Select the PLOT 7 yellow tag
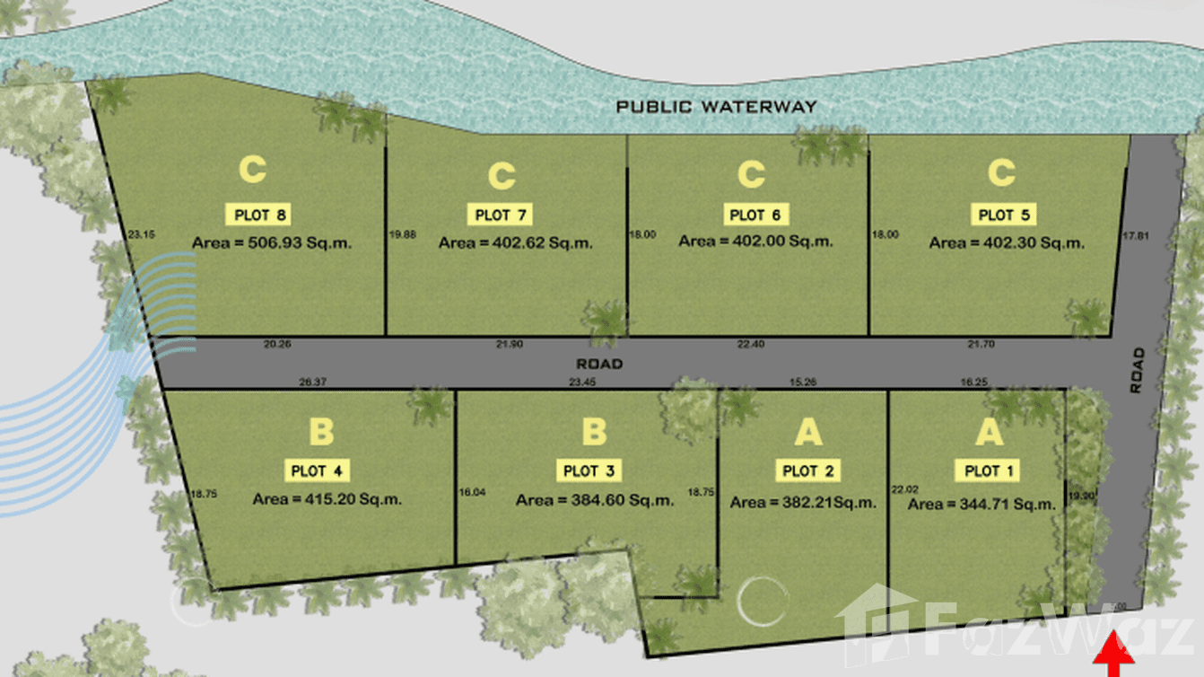pyautogui.click(x=501, y=215)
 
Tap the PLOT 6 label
pyautogui.click(x=755, y=215)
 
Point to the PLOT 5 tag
pyautogui.click(x=1003, y=215)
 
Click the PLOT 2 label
pyautogui.click(x=807, y=470)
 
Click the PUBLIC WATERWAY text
pyautogui.click(x=716, y=107)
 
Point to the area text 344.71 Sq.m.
pyautogui.click(x=982, y=505)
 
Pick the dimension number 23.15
pyautogui.click(x=142, y=235)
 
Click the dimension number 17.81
pyautogui.click(x=1135, y=235)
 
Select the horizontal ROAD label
pyautogui.click(x=599, y=365)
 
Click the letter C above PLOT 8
pyautogui.click(x=253, y=171)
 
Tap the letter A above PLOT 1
pyautogui.click(x=989, y=433)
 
